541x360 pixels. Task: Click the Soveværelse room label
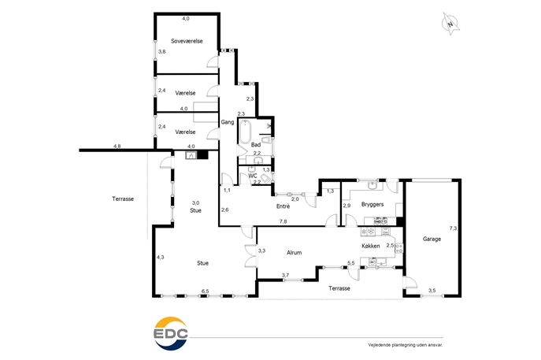click(187, 41)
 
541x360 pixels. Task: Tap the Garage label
click(432, 239)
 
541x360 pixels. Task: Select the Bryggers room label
click(372, 204)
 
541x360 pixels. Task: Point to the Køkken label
click(371, 246)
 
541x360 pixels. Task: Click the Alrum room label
click(294, 253)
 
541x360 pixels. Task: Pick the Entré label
click(283, 206)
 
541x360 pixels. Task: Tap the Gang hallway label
click(228, 122)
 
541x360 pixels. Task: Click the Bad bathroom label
click(256, 145)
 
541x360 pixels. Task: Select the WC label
click(253, 176)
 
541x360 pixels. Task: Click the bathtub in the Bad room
click(245, 132)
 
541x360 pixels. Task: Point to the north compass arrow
click(450, 24)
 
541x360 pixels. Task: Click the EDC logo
click(171, 334)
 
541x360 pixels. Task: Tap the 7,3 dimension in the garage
click(453, 228)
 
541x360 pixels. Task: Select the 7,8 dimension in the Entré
click(283, 221)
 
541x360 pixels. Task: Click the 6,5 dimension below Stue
click(205, 291)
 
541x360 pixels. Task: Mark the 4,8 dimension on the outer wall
click(117, 146)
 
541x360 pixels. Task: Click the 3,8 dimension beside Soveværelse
click(161, 51)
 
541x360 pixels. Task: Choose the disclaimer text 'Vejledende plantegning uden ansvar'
click(406, 345)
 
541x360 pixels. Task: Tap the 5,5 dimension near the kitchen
click(351, 263)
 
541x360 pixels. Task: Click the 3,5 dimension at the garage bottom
click(432, 291)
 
